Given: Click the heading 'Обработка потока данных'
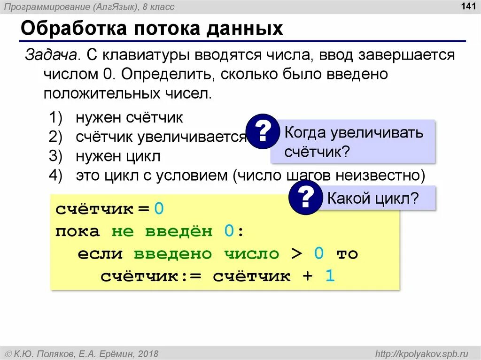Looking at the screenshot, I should tap(152, 29).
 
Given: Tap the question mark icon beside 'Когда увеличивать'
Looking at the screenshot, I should tap(263, 131).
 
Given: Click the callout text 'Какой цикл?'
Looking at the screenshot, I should tap(372, 198).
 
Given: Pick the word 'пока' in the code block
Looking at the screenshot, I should tap(78, 231).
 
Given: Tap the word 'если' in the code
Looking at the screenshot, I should tap(100, 254).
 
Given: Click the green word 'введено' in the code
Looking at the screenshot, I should tap(172, 254).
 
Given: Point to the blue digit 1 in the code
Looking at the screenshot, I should tap(330, 276).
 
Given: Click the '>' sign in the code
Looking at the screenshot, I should tap(296, 254).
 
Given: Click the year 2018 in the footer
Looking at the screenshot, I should tap(148, 353).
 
